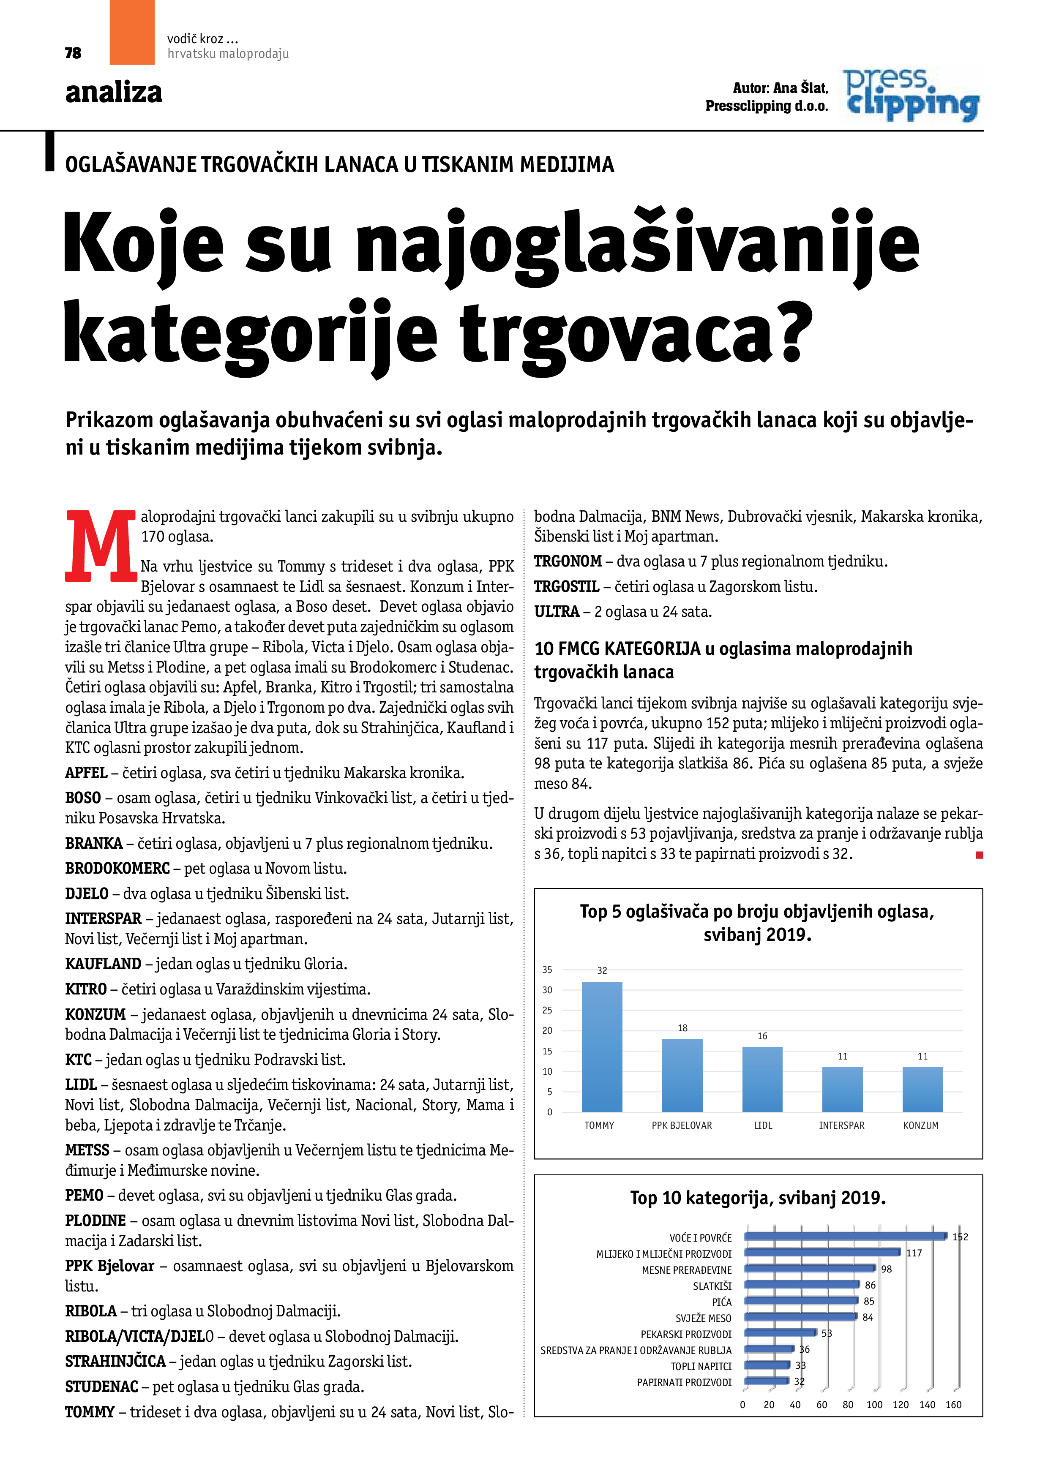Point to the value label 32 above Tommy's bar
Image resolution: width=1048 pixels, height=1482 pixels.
(x=602, y=970)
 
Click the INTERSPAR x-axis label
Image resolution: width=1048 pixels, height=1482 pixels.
(x=841, y=1125)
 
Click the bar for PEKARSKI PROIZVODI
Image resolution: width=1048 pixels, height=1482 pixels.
(x=780, y=1333)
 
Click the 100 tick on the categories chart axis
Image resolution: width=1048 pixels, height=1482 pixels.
(x=874, y=1405)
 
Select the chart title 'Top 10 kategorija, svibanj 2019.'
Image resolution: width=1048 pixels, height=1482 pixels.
(x=757, y=1198)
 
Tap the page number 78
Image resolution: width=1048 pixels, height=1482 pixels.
(x=73, y=53)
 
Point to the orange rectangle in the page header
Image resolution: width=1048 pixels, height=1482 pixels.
(x=132, y=32)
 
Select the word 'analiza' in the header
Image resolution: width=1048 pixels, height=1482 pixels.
(x=114, y=92)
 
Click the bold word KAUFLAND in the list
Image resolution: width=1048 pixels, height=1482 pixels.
(x=103, y=964)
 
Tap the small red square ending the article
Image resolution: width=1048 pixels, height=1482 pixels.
(x=979, y=855)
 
